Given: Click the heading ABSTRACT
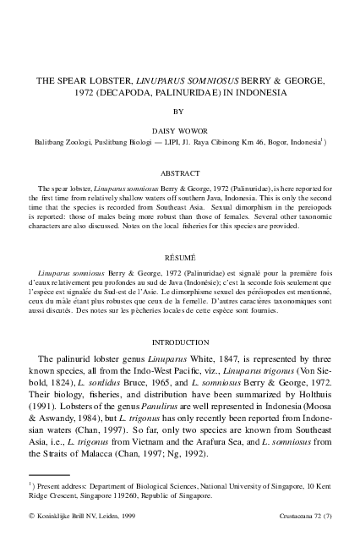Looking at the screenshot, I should [x=180, y=172].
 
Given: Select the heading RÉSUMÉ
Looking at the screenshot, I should [x=180, y=254].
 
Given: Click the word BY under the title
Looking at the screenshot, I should [x=178, y=111].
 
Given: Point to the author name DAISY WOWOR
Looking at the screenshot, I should [x=178, y=132].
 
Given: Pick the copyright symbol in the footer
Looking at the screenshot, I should [x=31, y=514].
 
